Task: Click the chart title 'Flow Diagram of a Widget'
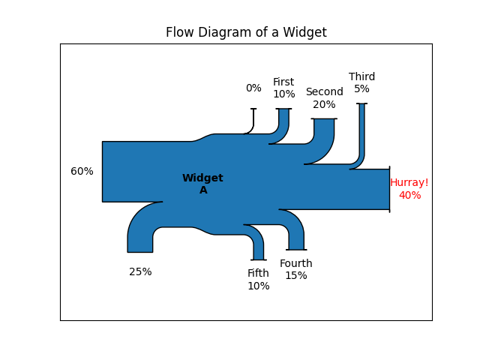pos(246,32)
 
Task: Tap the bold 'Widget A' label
pos(202,184)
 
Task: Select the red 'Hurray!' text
pos(409,182)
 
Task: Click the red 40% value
pos(410,195)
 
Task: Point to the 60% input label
pos(82,171)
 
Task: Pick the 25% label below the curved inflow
pos(140,271)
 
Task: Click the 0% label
pos(253,88)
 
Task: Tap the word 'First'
pos(283,82)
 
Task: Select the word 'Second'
pos(325,91)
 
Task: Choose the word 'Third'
pos(361,76)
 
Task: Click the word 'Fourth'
pos(296,263)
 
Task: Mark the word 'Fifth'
pos(258,273)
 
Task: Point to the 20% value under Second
pos(324,104)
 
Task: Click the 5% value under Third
pos(361,88)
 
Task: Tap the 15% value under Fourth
pos(296,275)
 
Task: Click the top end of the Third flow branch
pos(361,103)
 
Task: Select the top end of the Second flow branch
pos(324,118)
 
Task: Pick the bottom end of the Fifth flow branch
pos(259,260)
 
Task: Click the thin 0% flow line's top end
pos(253,109)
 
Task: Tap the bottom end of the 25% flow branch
pos(140,252)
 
